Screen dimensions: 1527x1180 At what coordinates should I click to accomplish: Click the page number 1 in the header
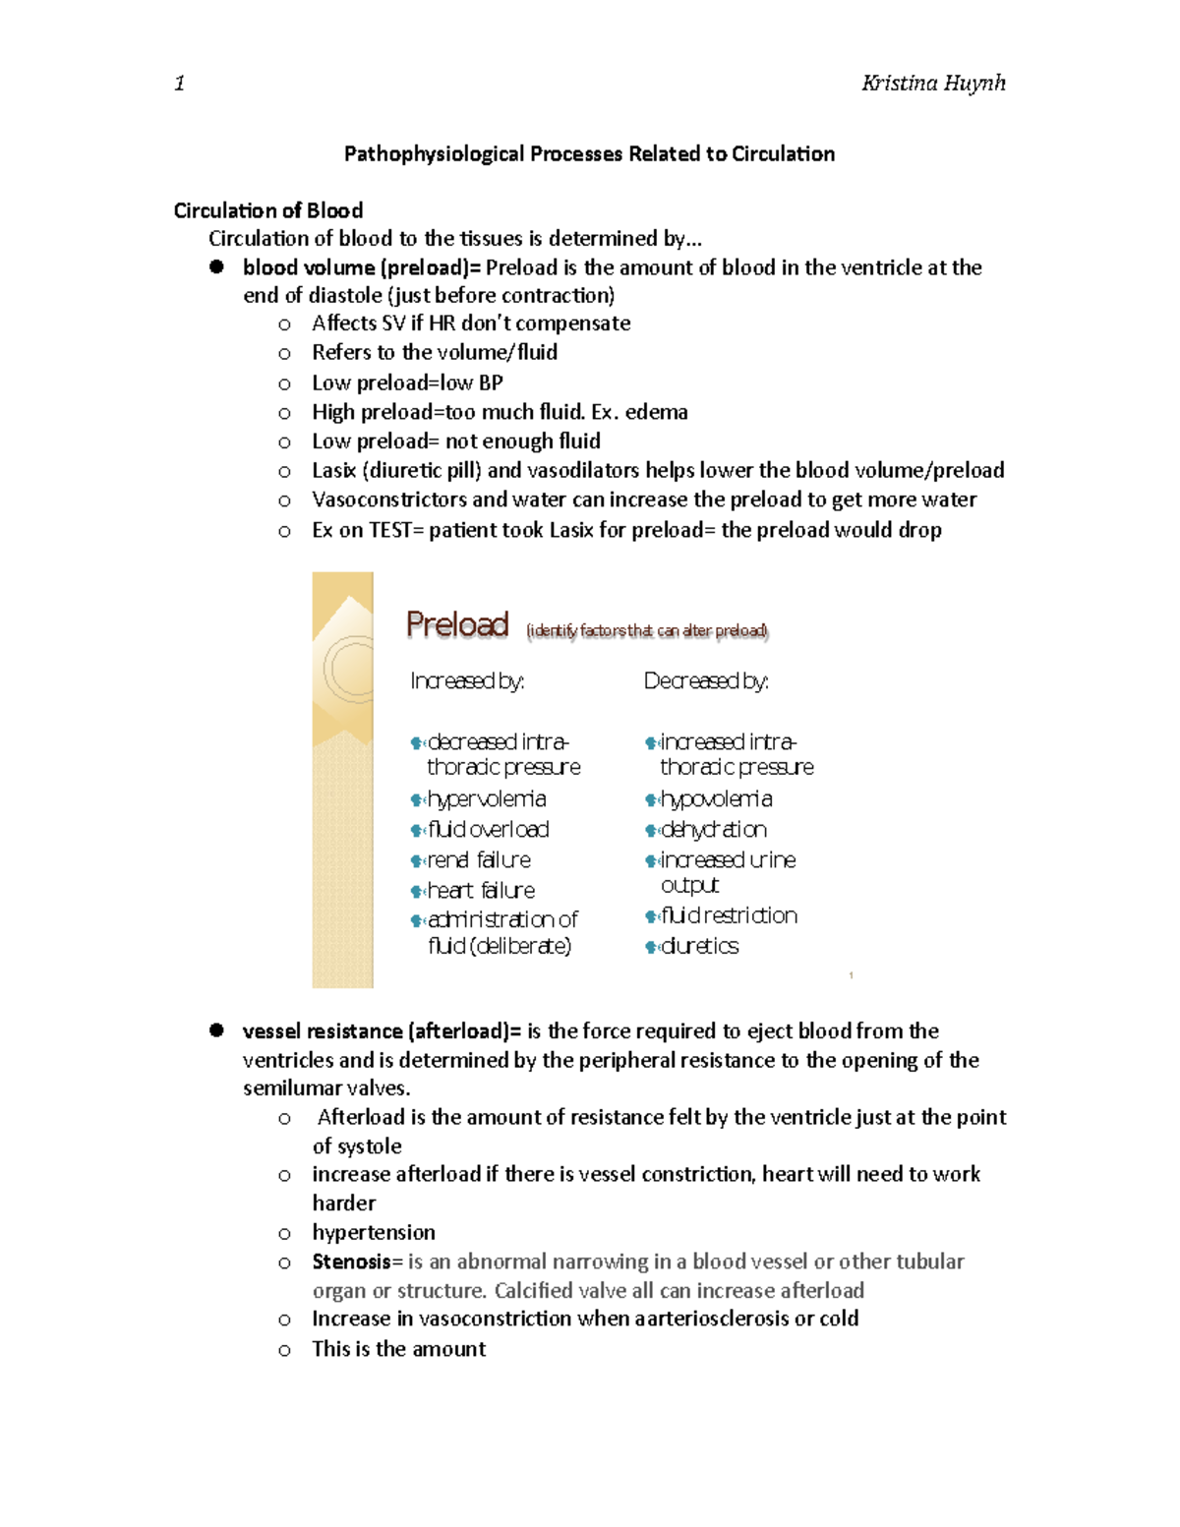tap(179, 83)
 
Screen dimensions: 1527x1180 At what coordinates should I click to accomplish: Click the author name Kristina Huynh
tap(932, 83)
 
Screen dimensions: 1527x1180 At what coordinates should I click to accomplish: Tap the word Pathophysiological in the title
tap(434, 153)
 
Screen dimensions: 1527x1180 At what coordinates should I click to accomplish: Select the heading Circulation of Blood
tap(268, 210)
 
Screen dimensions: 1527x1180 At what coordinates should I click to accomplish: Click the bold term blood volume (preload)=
tap(363, 267)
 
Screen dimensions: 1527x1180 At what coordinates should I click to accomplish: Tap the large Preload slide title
tap(457, 624)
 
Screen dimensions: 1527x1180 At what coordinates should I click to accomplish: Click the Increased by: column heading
tap(467, 680)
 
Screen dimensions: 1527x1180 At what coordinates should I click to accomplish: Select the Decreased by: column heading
tap(706, 680)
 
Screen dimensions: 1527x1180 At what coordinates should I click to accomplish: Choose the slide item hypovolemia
tap(716, 799)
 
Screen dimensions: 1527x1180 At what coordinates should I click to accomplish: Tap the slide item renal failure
tap(479, 860)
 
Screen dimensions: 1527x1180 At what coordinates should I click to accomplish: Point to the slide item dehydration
tap(713, 830)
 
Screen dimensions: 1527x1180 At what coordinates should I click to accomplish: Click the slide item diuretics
tap(699, 946)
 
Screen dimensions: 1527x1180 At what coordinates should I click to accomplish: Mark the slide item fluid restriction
tap(729, 915)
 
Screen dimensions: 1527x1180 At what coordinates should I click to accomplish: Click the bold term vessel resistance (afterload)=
tap(383, 1031)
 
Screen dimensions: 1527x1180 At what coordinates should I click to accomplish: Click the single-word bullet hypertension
tap(374, 1233)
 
